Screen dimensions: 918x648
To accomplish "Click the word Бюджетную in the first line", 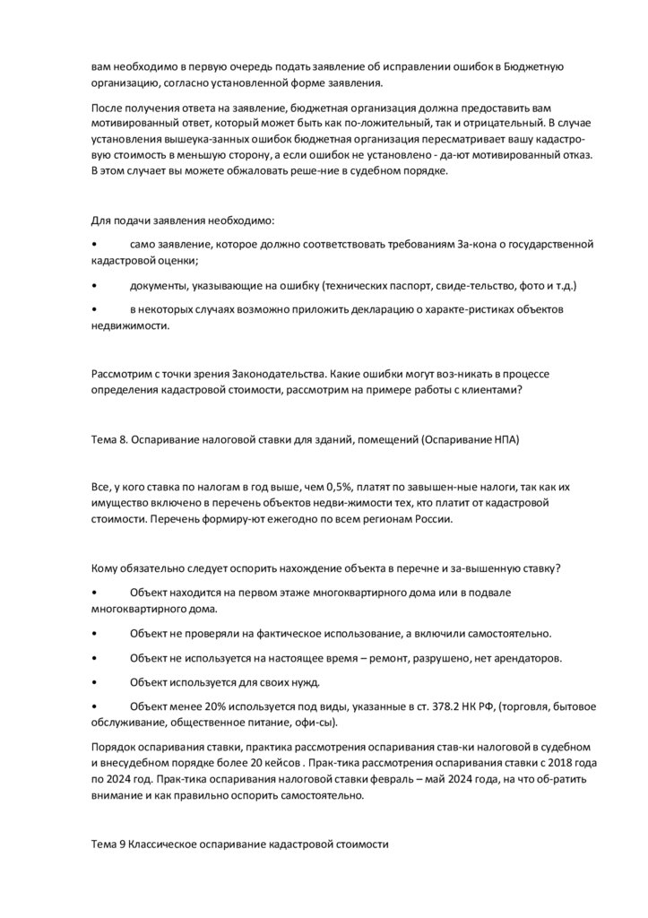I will [x=533, y=67].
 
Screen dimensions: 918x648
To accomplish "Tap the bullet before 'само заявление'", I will [x=95, y=244].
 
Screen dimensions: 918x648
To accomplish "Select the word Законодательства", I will [x=272, y=372].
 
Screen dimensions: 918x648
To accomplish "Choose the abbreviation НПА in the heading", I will [x=502, y=439].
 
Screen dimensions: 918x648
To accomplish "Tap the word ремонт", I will [x=433, y=658].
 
